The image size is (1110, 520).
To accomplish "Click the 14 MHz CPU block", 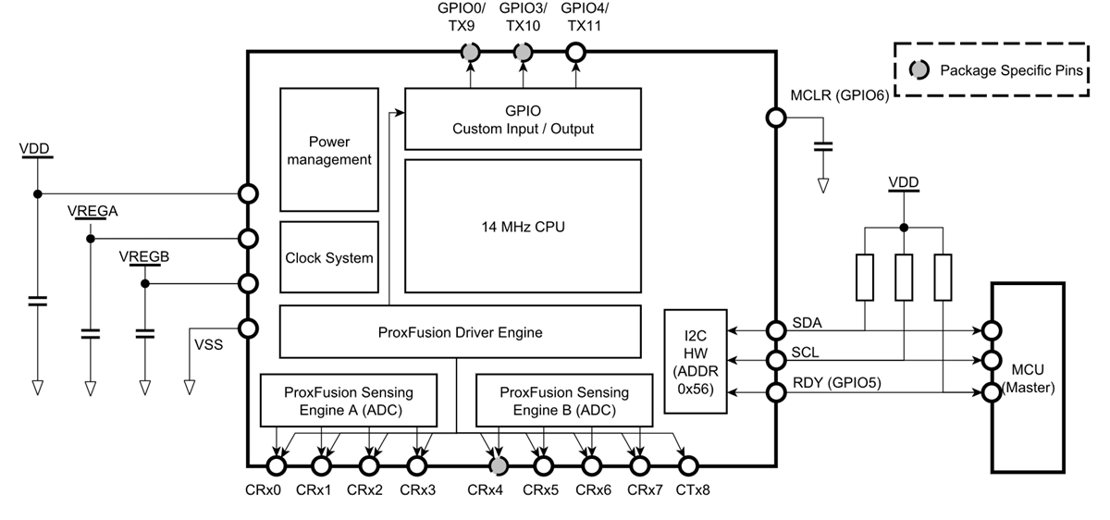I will [x=523, y=227].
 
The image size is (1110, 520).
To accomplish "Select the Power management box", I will [x=328, y=151].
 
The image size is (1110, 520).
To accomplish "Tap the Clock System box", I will [x=328, y=258].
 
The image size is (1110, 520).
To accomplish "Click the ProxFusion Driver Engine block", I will [x=460, y=331].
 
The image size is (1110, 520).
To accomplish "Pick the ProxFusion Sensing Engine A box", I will [x=349, y=401].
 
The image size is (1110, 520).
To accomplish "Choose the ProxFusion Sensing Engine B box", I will [x=564, y=401].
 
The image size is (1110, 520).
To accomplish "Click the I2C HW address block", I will [x=696, y=361].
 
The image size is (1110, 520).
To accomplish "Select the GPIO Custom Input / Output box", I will [x=523, y=119].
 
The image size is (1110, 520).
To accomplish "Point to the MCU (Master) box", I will [x=1031, y=379].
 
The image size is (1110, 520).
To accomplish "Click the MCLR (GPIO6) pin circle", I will [x=775, y=118].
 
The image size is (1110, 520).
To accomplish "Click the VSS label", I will [x=207, y=344].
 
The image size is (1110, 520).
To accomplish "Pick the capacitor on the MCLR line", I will [x=822, y=146].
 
